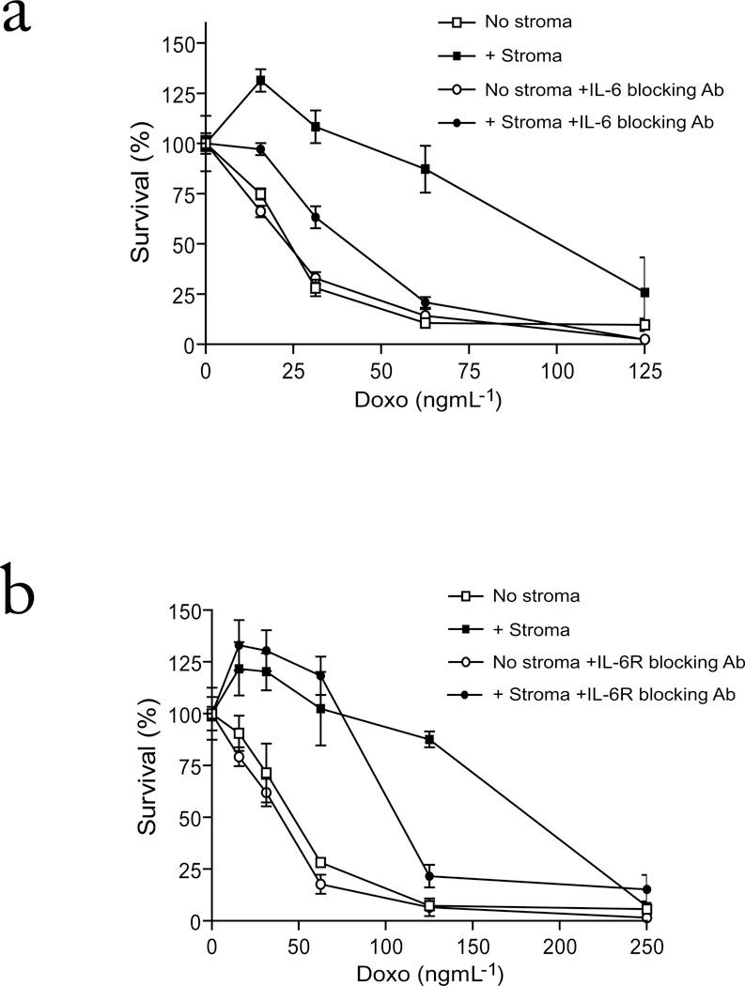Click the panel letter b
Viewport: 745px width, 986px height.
coord(25,590)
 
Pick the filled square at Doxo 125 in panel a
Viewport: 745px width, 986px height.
coord(644,293)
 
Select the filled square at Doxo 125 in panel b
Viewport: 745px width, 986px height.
coord(429,740)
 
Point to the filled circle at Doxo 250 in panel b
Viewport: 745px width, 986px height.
coord(645,889)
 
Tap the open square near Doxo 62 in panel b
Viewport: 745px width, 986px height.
coord(321,862)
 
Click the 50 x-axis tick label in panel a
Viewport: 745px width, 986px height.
coord(380,370)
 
